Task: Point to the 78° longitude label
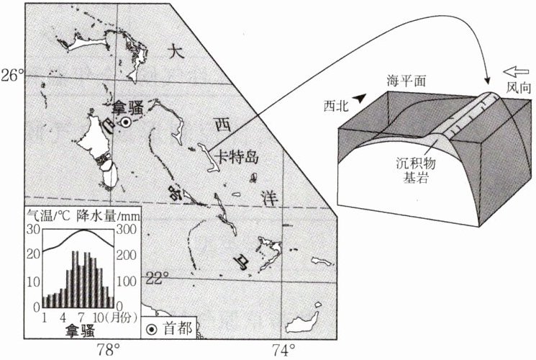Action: tap(109, 351)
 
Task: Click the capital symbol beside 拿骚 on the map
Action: tap(125, 122)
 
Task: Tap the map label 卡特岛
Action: tap(238, 158)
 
